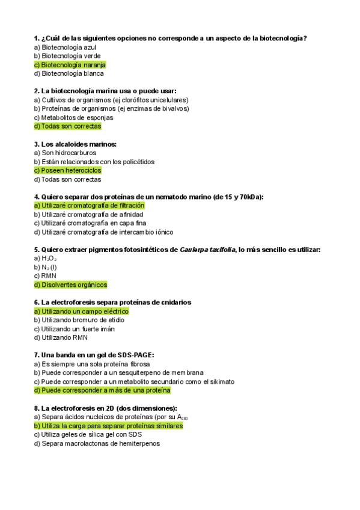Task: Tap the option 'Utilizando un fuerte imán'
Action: tap(74, 329)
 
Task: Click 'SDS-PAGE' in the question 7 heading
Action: tap(133, 355)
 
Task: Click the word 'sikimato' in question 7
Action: tap(221, 381)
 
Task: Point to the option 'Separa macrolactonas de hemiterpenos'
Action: tap(97, 443)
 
